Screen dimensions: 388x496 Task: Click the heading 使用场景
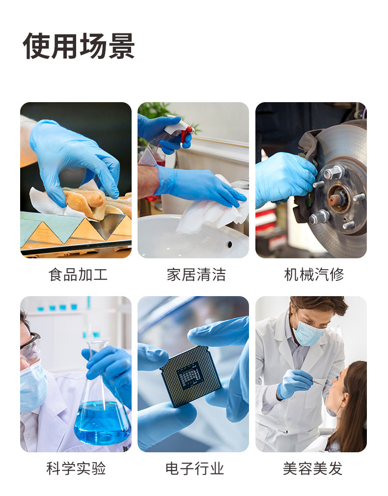(x=79, y=46)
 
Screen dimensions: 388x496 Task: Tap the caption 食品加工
(x=78, y=275)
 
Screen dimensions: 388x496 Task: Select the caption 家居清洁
(x=196, y=275)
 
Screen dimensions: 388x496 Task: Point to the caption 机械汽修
(x=314, y=275)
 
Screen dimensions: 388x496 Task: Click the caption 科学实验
(x=76, y=468)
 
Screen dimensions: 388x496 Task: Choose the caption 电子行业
(x=194, y=468)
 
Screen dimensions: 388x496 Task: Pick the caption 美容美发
(x=313, y=468)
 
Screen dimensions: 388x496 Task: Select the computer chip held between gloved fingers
(x=191, y=377)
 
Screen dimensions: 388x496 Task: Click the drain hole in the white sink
(x=230, y=244)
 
